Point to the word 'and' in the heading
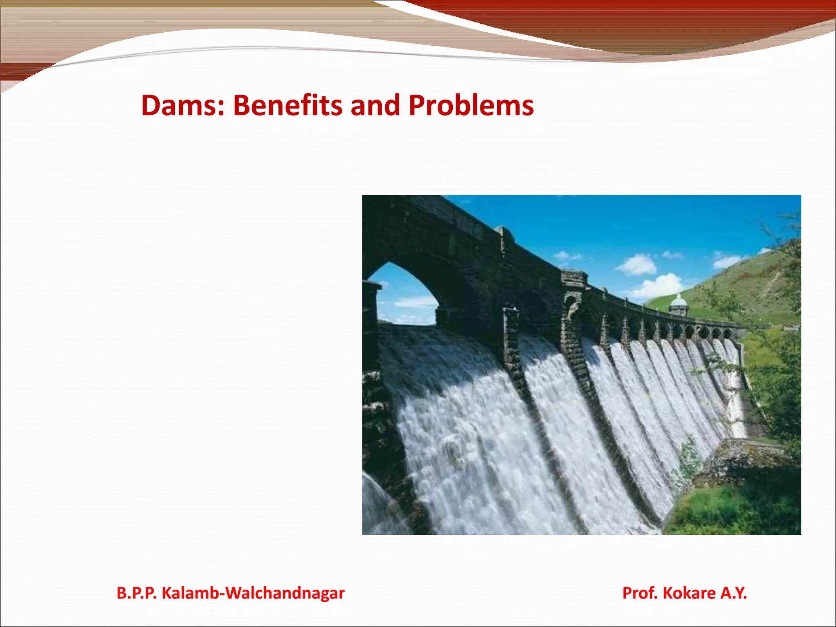[x=376, y=105]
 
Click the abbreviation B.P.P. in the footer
[x=136, y=593]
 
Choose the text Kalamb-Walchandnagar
[x=253, y=593]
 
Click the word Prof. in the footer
[x=640, y=593]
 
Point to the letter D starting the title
[x=150, y=105]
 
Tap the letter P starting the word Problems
[x=417, y=105]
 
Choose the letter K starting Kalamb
[x=166, y=593]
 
